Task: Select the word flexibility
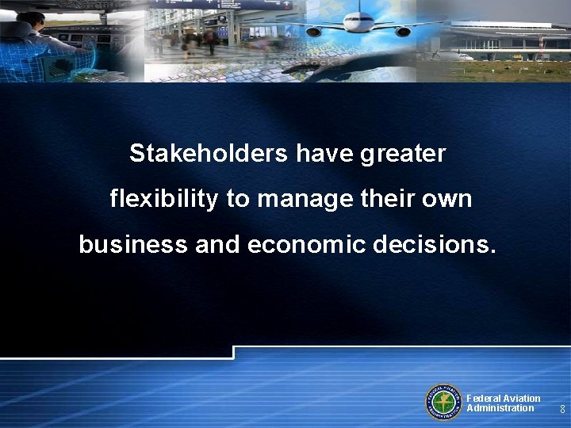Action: pos(163,199)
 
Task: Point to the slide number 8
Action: pos(561,410)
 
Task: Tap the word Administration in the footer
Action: pos(500,408)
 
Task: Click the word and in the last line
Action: pos(215,245)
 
